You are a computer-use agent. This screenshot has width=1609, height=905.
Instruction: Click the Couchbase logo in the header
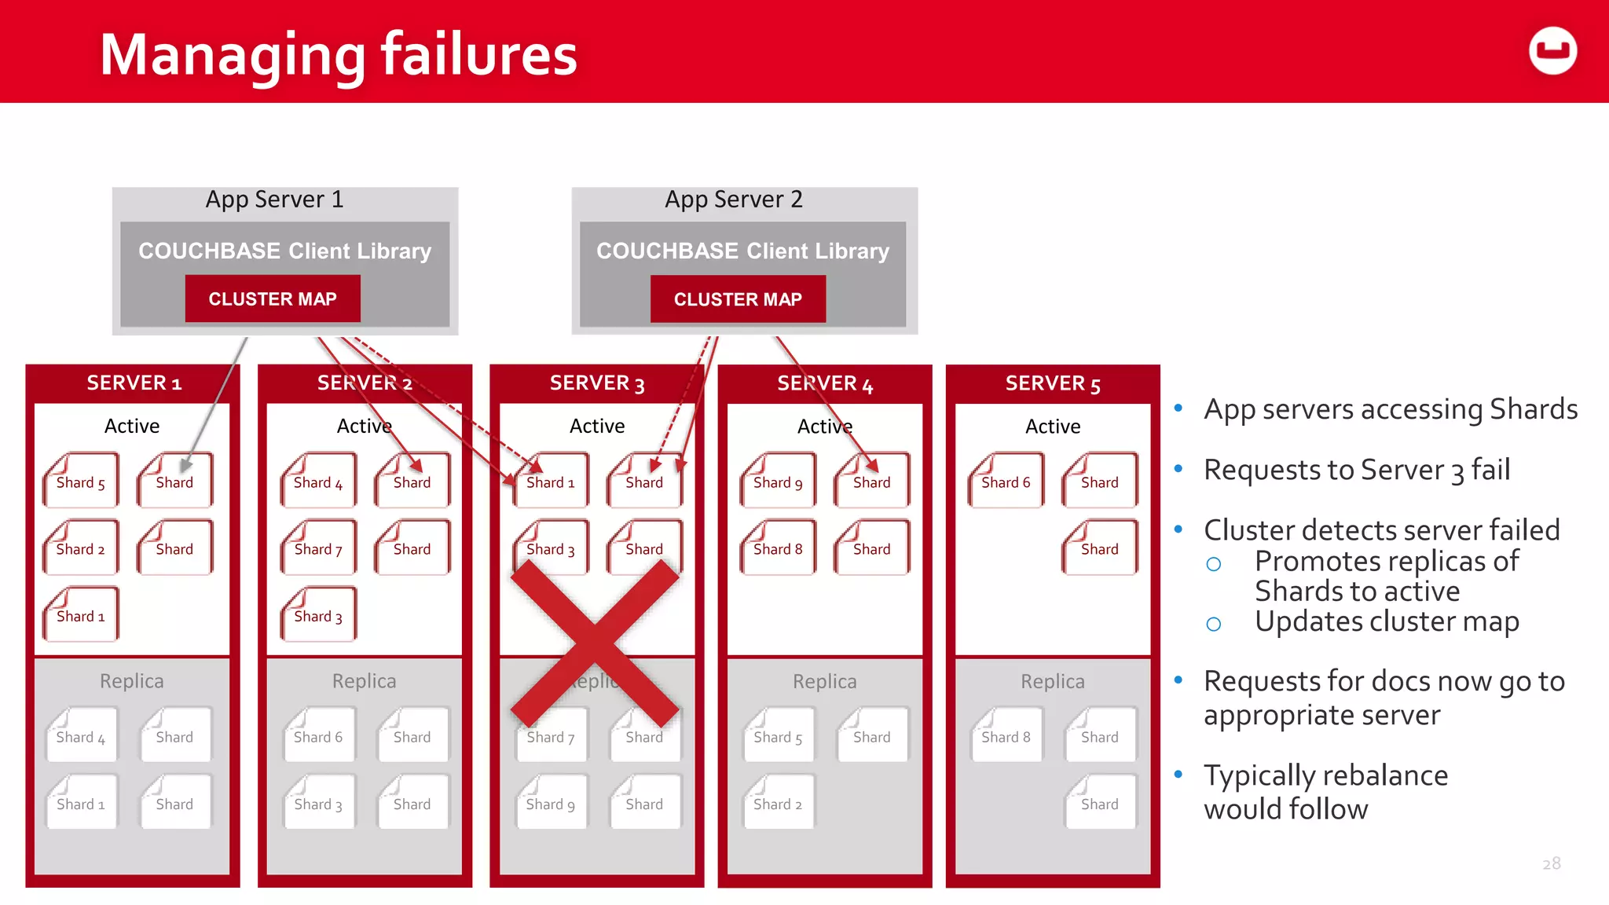1552,51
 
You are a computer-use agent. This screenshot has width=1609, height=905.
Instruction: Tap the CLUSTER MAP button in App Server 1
273,299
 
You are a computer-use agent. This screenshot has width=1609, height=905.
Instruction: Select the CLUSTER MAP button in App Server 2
738,299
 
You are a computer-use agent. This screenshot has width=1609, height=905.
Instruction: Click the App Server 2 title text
734,200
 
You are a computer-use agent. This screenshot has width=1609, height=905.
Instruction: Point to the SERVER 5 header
1053,383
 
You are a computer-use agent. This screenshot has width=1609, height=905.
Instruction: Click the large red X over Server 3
595,643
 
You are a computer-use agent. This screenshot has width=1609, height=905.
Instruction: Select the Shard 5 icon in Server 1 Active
80,480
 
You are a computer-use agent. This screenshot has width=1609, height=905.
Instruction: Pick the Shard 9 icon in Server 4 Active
778,480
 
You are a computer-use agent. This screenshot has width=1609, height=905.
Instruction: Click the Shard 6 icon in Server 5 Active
1006,480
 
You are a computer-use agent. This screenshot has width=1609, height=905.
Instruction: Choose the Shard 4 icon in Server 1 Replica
80,735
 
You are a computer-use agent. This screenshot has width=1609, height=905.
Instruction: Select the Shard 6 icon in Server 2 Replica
318,735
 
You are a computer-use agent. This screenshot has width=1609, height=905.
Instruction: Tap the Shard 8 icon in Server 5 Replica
1006,735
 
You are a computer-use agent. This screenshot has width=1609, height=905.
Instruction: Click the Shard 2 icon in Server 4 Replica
778,802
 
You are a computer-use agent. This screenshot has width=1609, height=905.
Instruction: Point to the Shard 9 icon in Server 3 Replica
550,802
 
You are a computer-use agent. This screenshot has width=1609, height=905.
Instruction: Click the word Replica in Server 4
824,681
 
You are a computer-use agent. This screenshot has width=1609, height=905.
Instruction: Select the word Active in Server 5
1053,427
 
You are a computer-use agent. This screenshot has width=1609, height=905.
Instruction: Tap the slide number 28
1551,863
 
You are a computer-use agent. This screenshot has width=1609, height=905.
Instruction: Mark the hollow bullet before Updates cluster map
1214,625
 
